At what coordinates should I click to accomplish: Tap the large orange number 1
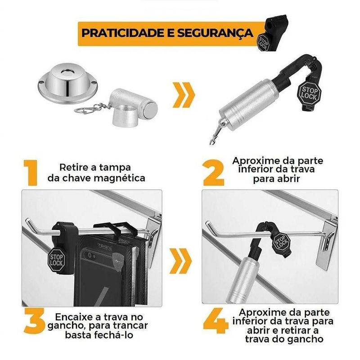[31, 173]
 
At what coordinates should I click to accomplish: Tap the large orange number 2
[213, 173]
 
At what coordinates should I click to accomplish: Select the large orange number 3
[35, 321]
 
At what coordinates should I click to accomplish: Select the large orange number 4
[216, 321]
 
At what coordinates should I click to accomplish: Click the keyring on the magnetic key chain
[83, 110]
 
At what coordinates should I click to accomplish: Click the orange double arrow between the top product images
[183, 94]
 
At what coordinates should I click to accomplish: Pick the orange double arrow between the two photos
[180, 261]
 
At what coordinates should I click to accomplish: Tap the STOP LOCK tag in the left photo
[56, 260]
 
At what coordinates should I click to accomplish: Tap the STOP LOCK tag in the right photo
[281, 242]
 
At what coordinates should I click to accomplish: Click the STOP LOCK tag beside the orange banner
[263, 42]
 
